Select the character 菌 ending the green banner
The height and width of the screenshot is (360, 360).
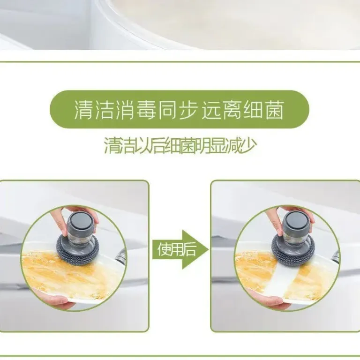(275, 110)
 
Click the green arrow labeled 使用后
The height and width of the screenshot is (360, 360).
(180, 249)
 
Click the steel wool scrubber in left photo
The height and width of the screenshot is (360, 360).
(78, 248)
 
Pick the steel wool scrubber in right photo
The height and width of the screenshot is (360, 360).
(293, 248)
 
